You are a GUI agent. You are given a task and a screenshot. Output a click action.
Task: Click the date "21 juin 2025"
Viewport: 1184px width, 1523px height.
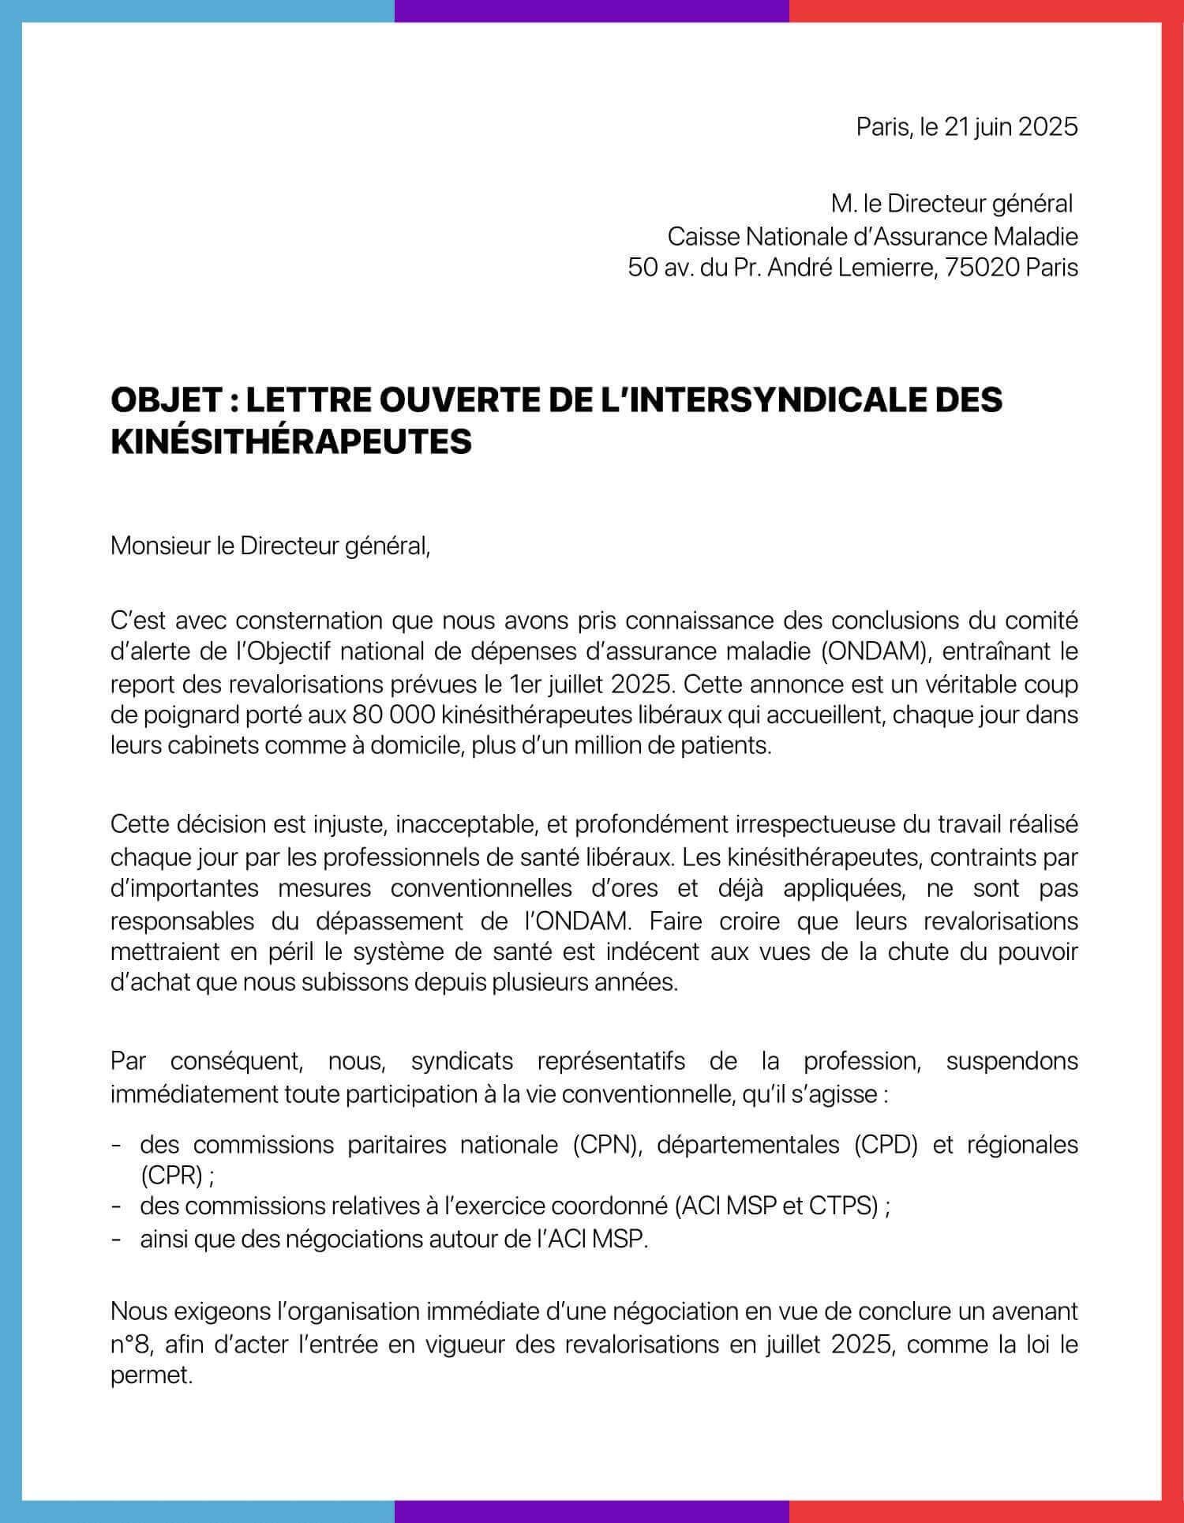coord(1010,127)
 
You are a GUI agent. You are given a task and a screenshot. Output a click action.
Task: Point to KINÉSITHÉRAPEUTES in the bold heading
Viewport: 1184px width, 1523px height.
coord(290,442)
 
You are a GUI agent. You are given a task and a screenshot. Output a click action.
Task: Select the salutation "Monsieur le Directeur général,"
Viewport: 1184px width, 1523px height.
coord(271,546)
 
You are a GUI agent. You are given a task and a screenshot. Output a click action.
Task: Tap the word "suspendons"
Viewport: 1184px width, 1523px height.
coord(1011,1060)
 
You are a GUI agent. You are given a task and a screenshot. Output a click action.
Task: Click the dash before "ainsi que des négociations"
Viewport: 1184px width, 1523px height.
coord(117,1239)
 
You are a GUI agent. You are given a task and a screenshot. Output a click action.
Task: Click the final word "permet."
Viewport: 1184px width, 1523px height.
coord(152,1376)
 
